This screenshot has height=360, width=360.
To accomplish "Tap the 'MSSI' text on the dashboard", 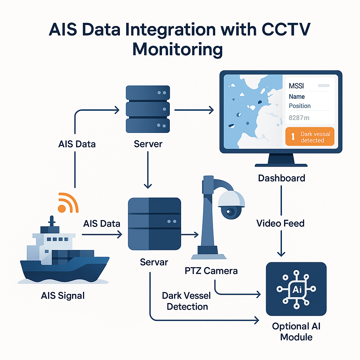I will [x=297, y=86].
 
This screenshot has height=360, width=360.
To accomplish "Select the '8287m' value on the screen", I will [x=299, y=118].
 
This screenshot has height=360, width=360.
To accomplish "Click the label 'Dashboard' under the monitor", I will [x=281, y=178].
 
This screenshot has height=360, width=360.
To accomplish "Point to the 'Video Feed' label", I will [x=280, y=223].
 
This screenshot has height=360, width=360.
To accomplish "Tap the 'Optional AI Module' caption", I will [x=296, y=332].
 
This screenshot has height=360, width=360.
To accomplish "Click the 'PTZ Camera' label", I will [x=211, y=270].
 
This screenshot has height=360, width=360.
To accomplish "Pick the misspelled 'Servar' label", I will [x=154, y=262].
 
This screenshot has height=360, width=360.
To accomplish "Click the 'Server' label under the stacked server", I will [x=148, y=143].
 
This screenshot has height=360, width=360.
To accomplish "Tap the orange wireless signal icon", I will [x=67, y=203].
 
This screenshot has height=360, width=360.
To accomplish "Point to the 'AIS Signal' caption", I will [x=63, y=295].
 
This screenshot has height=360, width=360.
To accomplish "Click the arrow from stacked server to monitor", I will [x=194, y=110].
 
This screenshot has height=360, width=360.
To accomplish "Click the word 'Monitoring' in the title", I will [x=178, y=49].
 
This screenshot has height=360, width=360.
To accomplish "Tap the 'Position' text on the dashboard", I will [x=300, y=106].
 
